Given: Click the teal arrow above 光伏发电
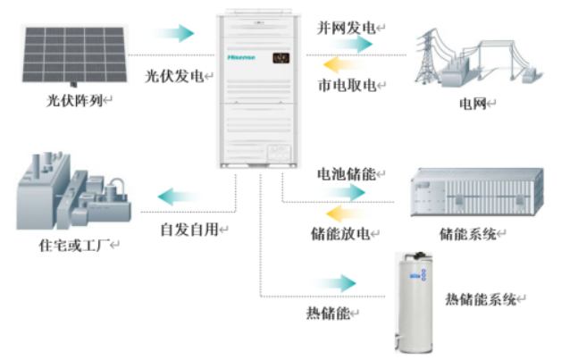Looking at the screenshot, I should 175,34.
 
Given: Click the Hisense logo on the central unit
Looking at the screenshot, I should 242,58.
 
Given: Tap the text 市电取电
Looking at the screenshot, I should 348,86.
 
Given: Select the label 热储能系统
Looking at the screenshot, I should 482,299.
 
